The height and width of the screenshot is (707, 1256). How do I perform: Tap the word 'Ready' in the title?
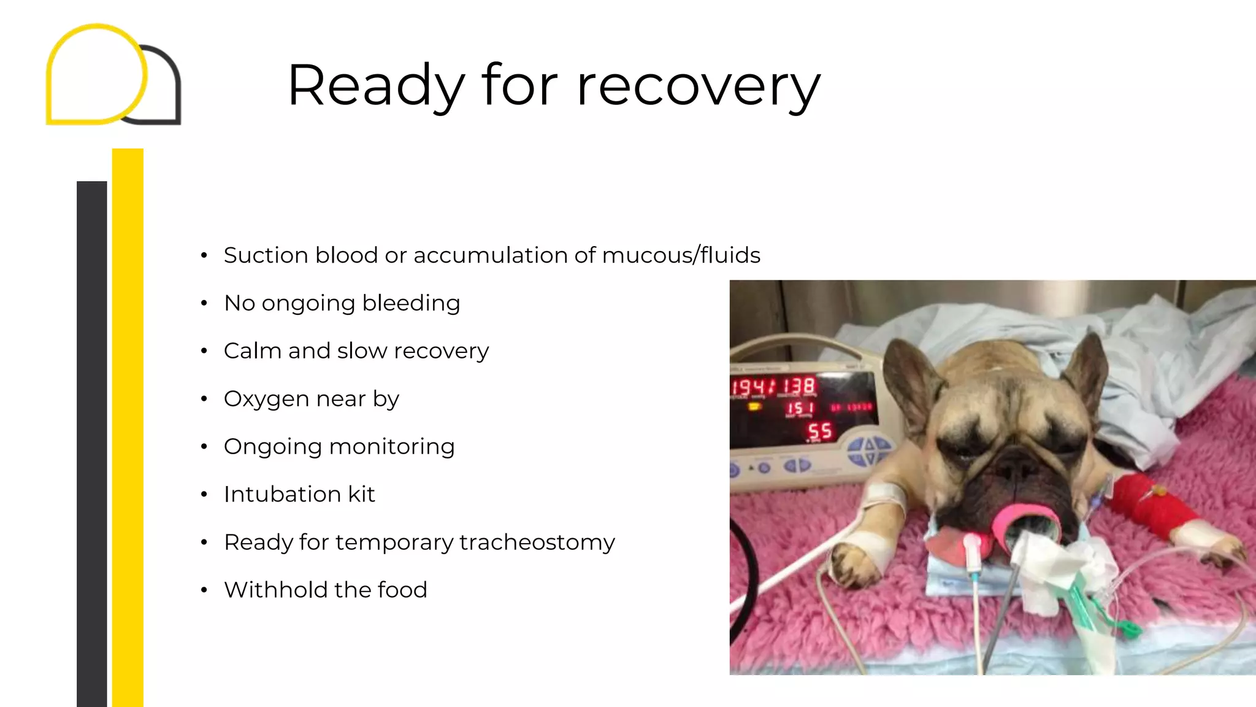point(375,86)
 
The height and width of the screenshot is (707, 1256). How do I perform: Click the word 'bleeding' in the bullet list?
point(411,303)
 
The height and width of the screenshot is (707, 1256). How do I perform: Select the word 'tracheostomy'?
point(537,543)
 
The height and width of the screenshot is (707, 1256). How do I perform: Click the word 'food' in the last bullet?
point(402,590)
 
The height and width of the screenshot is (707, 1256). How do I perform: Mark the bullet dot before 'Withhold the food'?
point(204,590)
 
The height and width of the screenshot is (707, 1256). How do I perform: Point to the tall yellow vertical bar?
point(128,430)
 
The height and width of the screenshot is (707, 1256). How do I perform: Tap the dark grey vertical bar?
point(92,442)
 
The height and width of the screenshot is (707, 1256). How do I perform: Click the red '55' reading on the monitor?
point(820,431)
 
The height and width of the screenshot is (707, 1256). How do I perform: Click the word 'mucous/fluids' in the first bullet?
point(681,255)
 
